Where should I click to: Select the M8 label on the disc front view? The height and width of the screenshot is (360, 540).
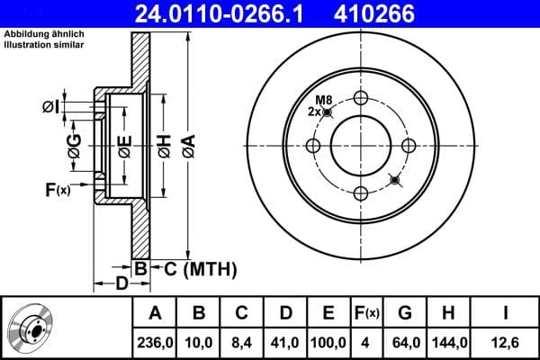point(324,100)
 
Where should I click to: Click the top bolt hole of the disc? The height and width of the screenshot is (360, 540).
point(361,99)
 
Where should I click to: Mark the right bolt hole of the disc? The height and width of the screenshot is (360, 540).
point(408,146)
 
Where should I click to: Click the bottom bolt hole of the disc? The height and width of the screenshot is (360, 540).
point(361,193)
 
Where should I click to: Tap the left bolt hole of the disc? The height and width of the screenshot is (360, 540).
point(314,146)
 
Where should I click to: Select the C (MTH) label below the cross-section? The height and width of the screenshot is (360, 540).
point(198,267)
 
